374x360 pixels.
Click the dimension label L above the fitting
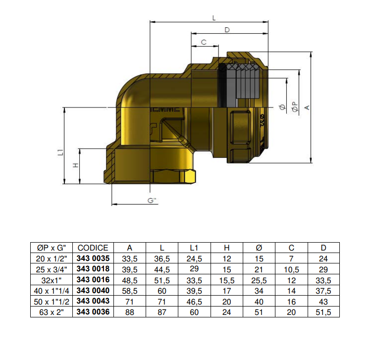[214, 18]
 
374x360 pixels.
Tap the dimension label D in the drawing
[227, 30]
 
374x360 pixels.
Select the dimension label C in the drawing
[204, 43]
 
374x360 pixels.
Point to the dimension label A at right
[307, 107]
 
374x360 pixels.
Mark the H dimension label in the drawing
[75, 165]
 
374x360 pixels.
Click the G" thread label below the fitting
[152, 200]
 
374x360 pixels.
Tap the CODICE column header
[93, 248]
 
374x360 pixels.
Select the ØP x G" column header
[52, 248]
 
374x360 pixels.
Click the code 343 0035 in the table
[93, 258]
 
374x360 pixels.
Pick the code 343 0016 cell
[93, 280]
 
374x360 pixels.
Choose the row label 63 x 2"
[52, 312]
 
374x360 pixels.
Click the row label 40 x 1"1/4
[52, 290]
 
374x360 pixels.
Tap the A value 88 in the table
[130, 312]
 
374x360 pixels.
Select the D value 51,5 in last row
[323, 312]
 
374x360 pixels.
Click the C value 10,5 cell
[291, 269]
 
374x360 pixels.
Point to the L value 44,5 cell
[162, 269]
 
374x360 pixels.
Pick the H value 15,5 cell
[226, 280]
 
